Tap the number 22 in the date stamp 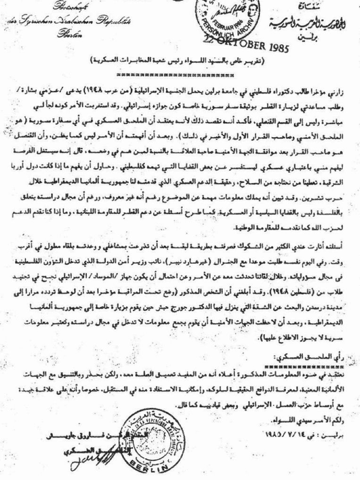point(210,40)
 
